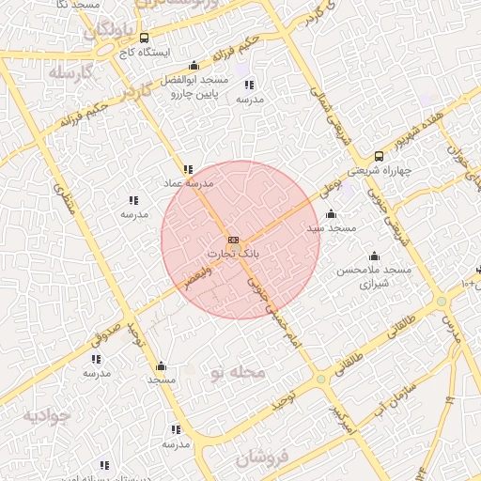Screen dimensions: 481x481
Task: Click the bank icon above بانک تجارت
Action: click(233, 240)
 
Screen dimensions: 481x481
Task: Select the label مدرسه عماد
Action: click(190, 183)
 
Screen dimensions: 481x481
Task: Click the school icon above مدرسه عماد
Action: click(188, 170)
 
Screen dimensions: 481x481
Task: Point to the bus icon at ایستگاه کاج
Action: click(144, 39)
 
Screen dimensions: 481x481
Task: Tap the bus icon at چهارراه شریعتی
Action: click(379, 157)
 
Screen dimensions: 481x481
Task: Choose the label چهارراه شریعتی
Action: click(376, 171)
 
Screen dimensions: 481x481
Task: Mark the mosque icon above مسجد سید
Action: click(330, 214)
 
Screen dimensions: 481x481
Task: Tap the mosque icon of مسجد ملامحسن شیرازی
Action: click(375, 256)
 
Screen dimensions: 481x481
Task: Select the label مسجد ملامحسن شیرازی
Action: click(375, 276)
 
